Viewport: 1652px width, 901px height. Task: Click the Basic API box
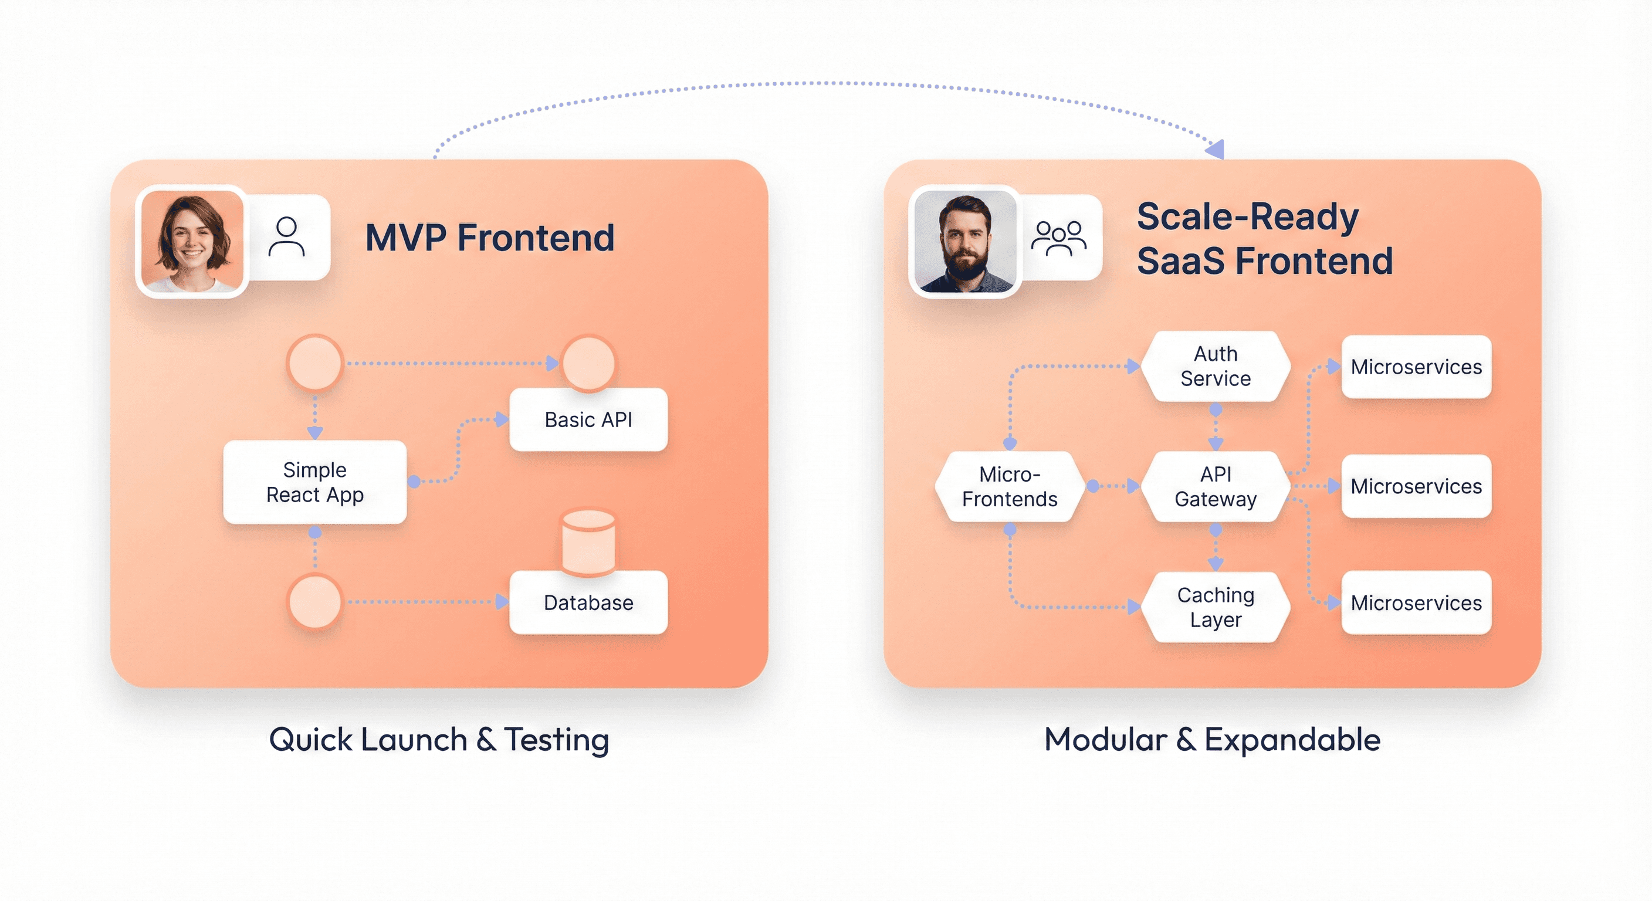click(x=588, y=419)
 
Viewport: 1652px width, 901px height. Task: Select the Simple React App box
click(x=314, y=482)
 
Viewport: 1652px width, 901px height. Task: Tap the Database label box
click(x=588, y=603)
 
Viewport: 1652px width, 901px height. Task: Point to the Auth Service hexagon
click(x=1216, y=366)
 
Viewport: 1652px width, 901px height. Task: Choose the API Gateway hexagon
click(x=1216, y=487)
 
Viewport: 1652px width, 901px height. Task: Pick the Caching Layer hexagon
click(x=1216, y=607)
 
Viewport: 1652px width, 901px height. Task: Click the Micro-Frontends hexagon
click(x=1010, y=487)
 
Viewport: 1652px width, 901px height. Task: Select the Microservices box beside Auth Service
click(x=1416, y=367)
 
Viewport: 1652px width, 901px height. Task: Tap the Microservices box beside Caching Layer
click(x=1416, y=603)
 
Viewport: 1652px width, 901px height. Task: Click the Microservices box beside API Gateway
click(x=1416, y=486)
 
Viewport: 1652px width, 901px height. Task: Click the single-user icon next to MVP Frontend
click(x=287, y=236)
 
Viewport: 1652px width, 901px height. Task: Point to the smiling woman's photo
click(x=192, y=241)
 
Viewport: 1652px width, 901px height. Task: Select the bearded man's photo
click(x=964, y=241)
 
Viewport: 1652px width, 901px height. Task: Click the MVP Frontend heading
click(x=490, y=238)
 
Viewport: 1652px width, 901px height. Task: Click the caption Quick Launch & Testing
click(x=439, y=740)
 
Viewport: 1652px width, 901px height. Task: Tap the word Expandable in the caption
click(x=1292, y=740)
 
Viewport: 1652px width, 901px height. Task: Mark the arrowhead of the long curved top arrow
click(x=1216, y=150)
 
